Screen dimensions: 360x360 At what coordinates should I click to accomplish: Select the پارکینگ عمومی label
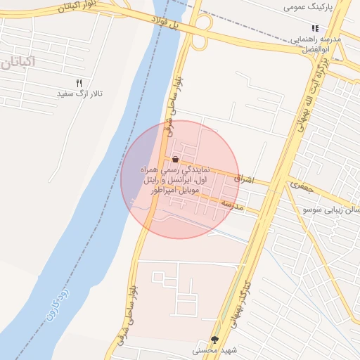(x=307, y=6)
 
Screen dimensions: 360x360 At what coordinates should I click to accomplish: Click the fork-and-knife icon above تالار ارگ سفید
(x=79, y=82)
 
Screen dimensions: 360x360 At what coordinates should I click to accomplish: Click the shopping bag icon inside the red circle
(x=175, y=160)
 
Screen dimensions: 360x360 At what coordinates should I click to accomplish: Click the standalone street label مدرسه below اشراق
(x=232, y=204)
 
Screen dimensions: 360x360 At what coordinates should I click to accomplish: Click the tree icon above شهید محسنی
(x=214, y=339)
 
